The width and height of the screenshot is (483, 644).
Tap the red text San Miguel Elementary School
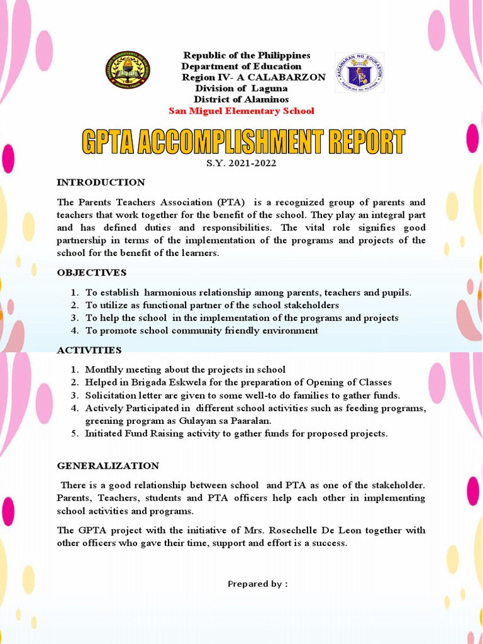(241, 111)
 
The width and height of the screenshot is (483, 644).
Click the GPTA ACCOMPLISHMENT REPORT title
(242, 143)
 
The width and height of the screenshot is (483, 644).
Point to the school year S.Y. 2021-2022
(241, 164)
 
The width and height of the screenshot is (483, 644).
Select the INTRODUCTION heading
(101, 182)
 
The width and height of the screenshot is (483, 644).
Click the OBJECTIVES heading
(92, 272)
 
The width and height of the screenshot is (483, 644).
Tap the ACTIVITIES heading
(89, 350)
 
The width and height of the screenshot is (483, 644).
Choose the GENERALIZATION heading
(108, 466)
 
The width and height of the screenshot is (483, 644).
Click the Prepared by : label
(257, 584)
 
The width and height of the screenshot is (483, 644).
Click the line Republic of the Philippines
(247, 56)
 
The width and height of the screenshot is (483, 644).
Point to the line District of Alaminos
(241, 99)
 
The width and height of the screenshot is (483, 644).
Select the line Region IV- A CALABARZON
(253, 77)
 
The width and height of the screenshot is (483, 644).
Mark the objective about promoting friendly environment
(201, 331)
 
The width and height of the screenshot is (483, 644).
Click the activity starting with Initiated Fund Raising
(236, 433)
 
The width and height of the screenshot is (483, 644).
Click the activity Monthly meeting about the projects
(185, 370)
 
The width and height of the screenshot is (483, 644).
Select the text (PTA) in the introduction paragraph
(232, 203)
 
